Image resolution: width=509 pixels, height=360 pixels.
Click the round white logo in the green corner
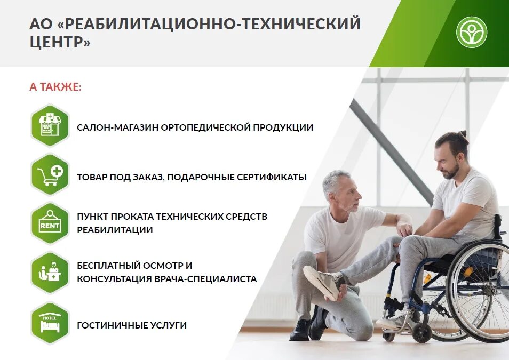pos(471,32)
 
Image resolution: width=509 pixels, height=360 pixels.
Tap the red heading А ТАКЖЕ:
pos(55,86)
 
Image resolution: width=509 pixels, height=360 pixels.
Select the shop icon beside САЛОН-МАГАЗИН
pos(50,125)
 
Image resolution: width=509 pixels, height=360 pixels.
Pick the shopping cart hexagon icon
pos(50,174)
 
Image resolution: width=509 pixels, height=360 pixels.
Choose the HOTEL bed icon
pos(50,322)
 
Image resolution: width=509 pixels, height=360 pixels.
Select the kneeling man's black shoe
pos(300,330)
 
